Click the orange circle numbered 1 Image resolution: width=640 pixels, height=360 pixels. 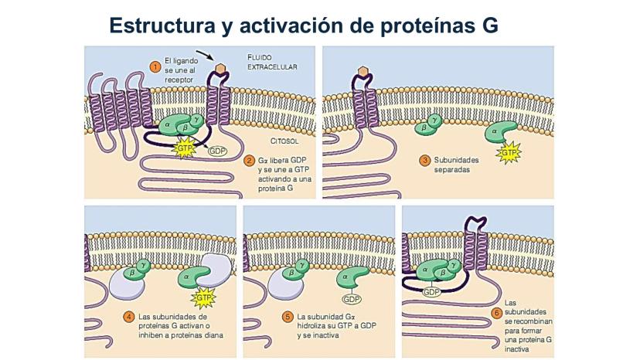tap(155, 67)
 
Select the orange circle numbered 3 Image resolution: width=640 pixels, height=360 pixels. tap(424, 161)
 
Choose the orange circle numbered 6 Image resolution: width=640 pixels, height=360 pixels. tap(495, 314)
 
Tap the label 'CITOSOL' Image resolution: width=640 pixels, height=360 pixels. tap(284, 142)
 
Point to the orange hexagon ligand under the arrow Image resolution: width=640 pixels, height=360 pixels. tap(220, 69)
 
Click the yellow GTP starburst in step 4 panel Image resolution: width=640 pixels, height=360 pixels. tap(204, 297)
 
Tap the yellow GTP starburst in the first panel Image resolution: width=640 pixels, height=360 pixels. tap(185, 148)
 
